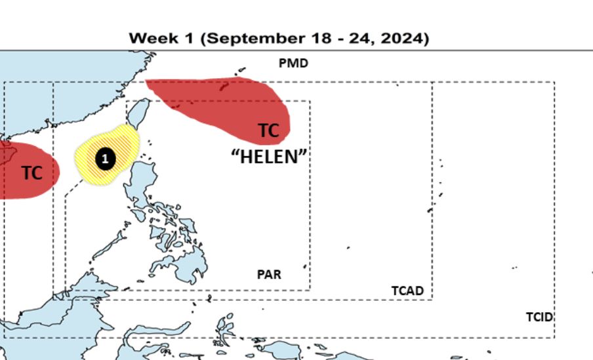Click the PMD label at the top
[x=293, y=64]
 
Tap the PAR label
[x=269, y=274]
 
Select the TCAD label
[x=407, y=290]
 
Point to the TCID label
[x=539, y=317]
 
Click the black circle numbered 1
[x=105, y=158]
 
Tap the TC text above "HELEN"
[x=268, y=130]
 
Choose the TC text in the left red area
[x=31, y=173]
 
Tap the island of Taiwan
[x=140, y=113]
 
